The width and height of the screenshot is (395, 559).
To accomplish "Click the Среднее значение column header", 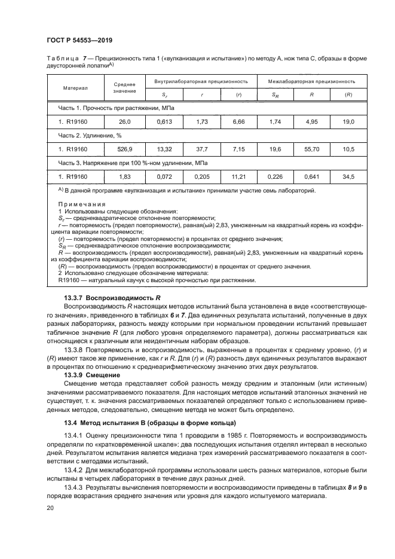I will [125, 87].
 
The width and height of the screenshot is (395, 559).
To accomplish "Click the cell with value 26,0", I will [125, 121].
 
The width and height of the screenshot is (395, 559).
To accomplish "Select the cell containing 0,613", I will [164, 121].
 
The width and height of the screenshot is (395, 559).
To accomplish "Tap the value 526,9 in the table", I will [125, 149].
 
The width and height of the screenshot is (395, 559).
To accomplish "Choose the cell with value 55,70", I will [311, 149].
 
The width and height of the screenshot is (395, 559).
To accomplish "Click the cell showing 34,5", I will [348, 176].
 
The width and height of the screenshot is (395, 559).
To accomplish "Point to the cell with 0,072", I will [164, 176].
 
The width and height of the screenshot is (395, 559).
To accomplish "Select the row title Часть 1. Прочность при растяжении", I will [108, 108].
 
